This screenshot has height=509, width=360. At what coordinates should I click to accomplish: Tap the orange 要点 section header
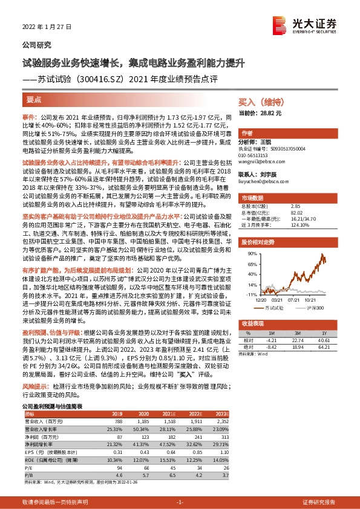click(x=34, y=99)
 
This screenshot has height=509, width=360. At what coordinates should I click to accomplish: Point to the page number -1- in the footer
click(x=180, y=502)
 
